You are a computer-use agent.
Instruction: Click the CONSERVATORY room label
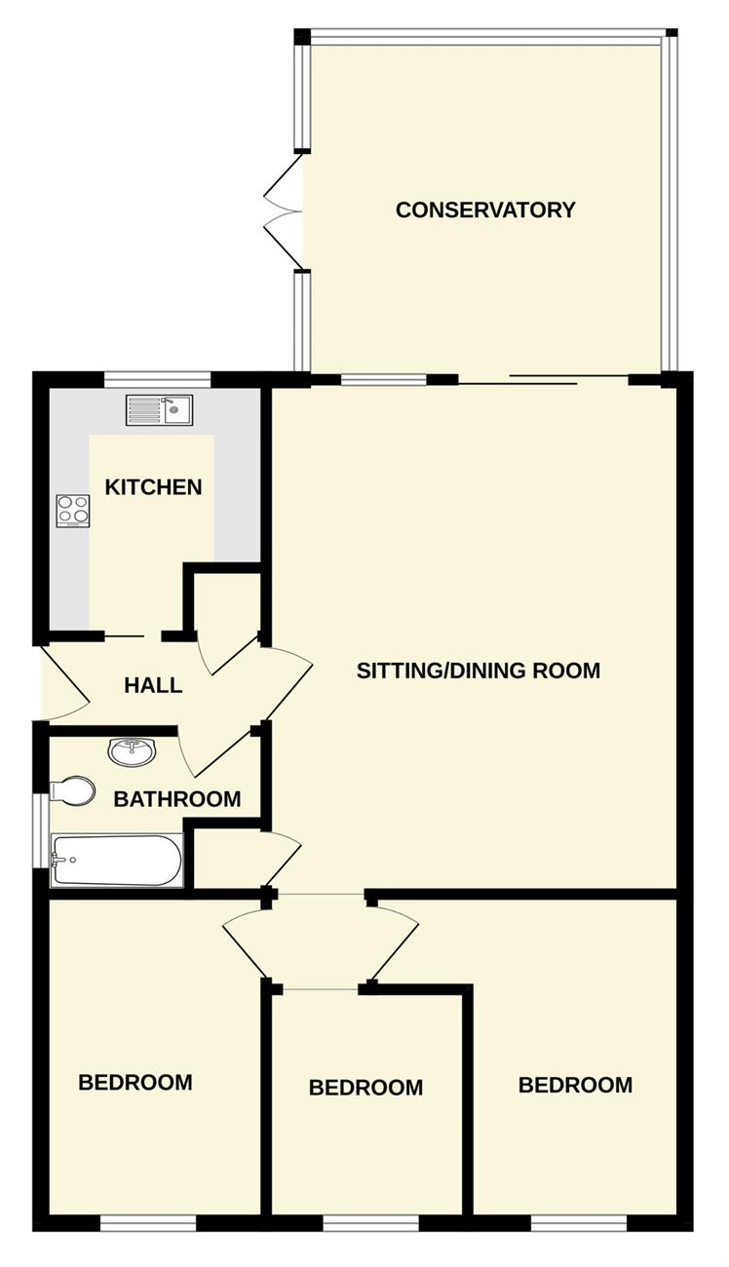point(485,210)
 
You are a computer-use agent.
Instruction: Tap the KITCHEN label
point(153,487)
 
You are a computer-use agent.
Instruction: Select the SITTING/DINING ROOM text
point(479,671)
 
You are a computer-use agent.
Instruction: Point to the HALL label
point(153,685)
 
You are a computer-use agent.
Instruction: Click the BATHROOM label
point(177,799)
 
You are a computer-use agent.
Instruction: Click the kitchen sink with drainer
point(159,410)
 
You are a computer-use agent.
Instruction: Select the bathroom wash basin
point(131,752)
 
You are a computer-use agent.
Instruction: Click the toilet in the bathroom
point(72,791)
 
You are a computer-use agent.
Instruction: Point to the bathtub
point(117,861)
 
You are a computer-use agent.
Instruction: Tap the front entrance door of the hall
point(65,684)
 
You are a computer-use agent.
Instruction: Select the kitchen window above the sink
point(157,379)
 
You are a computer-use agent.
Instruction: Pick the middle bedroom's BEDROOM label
point(365,1087)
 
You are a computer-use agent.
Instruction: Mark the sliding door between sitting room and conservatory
point(543,379)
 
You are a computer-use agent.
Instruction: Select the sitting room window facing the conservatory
point(384,379)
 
